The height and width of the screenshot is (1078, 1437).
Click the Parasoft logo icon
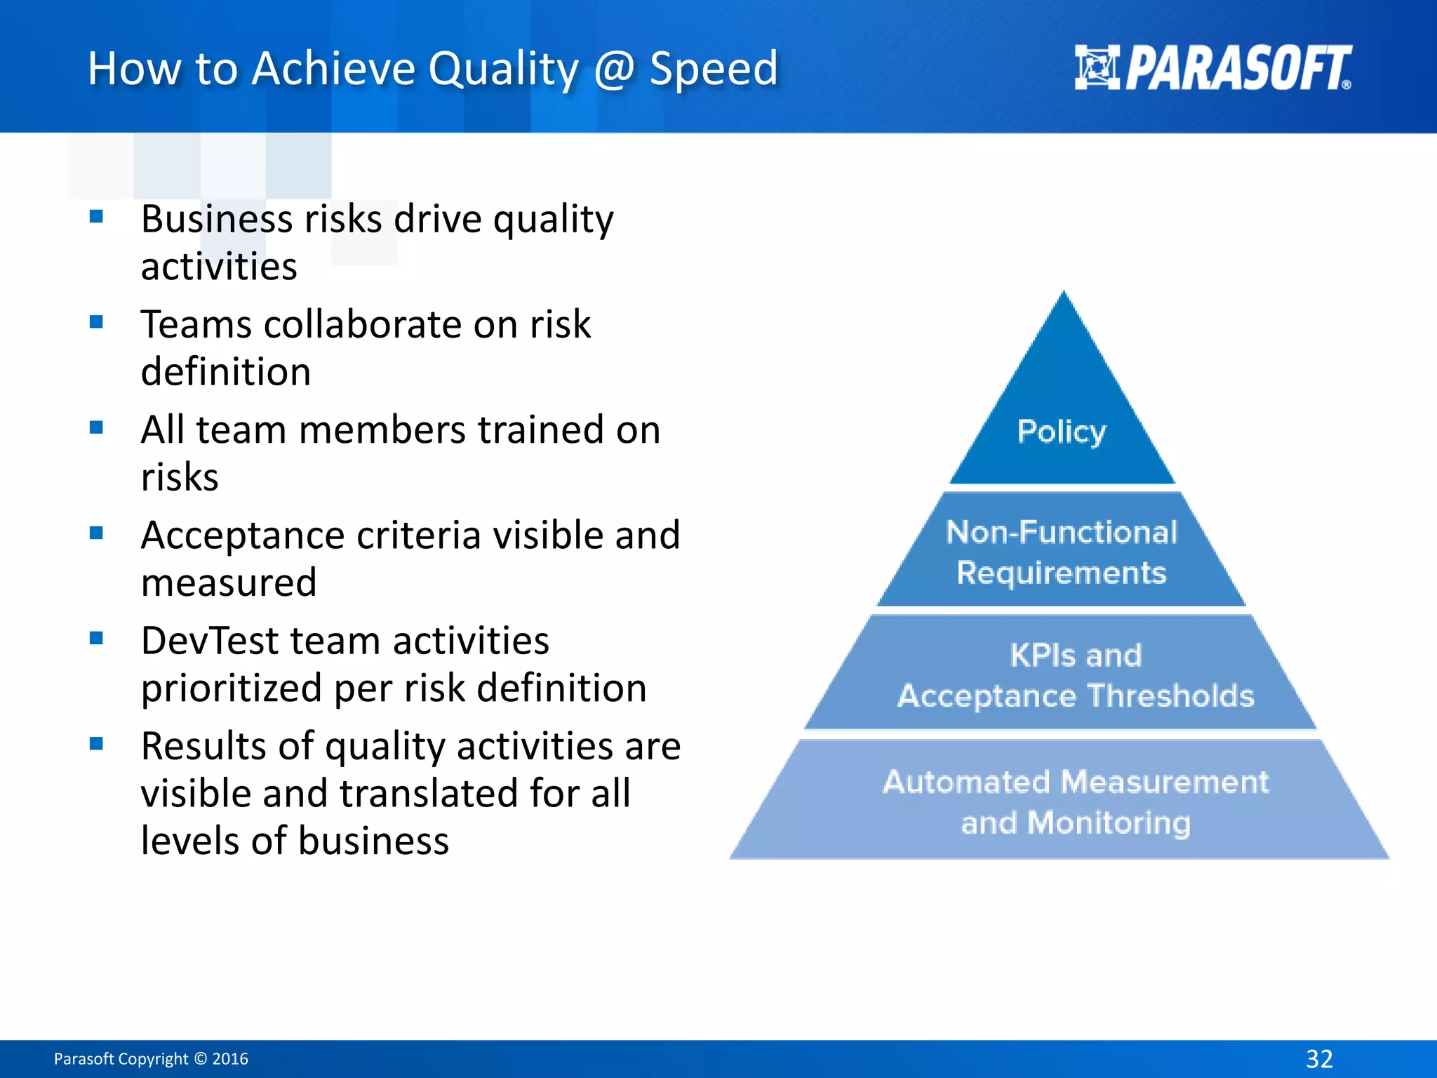[x=1097, y=67]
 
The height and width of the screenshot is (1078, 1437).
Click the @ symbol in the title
[x=614, y=69]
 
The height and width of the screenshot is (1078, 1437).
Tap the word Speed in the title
[x=714, y=69]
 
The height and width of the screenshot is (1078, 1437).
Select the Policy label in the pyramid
[x=1062, y=432]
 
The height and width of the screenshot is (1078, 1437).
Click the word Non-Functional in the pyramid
[x=1062, y=532]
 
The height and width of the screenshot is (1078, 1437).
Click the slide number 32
[x=1319, y=1058]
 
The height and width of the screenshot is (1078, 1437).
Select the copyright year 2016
[x=230, y=1059]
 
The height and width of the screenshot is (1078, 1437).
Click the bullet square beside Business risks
[x=97, y=216]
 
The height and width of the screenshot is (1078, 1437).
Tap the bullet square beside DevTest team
[x=97, y=638]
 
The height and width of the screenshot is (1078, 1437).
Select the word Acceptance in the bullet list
[x=242, y=535]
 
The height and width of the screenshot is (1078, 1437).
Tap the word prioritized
[x=232, y=688]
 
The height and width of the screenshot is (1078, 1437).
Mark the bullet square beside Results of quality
[x=97, y=743]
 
